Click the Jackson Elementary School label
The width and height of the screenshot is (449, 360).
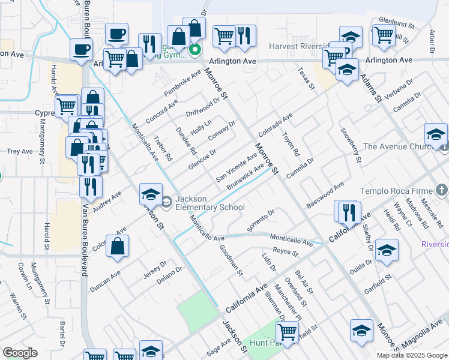tap(210, 203)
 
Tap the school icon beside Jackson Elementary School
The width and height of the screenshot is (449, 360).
tap(151, 194)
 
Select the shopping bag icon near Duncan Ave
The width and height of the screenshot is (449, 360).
tap(118, 245)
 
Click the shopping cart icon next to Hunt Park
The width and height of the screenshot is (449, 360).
tap(288, 331)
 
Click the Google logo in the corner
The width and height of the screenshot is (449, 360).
tap(20, 352)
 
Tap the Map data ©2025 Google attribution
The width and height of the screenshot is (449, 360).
tap(412, 355)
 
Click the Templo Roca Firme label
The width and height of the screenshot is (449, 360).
tap(396, 191)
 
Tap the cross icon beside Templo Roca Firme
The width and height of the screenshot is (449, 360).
tap(442, 190)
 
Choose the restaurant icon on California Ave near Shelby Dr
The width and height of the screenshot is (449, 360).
tap(349, 211)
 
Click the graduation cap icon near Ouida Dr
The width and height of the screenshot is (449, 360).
tap(387, 250)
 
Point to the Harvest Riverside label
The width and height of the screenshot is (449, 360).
tap(298, 46)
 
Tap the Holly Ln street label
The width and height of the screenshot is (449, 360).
tap(201, 127)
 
